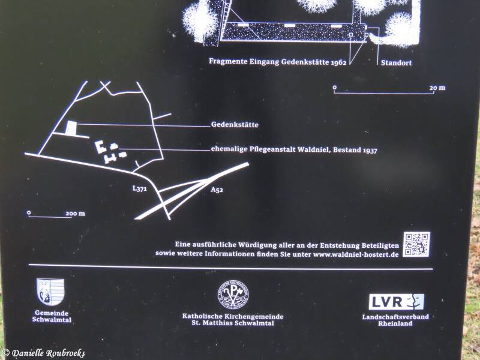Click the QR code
(x=416, y=244)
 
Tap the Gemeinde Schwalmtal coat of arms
(x=50, y=292)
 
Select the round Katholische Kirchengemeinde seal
(x=233, y=295)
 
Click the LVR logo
(x=397, y=302)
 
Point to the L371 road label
(x=140, y=188)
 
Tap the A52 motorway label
(x=217, y=190)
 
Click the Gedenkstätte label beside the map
(x=235, y=125)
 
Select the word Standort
(x=397, y=63)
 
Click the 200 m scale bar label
(x=76, y=214)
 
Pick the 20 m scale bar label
(x=437, y=88)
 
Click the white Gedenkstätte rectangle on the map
(x=71, y=128)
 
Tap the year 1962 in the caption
(x=338, y=62)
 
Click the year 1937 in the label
(x=370, y=150)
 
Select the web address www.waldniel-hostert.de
(x=356, y=254)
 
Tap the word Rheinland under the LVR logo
(x=395, y=323)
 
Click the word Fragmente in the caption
(x=228, y=62)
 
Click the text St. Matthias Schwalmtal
(x=233, y=323)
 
